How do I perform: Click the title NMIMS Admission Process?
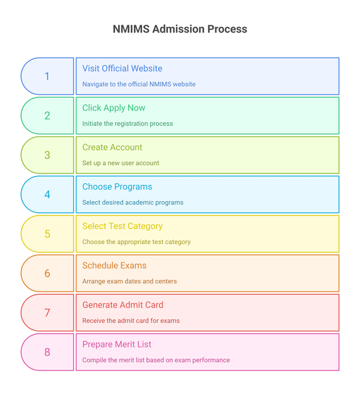(x=179, y=29)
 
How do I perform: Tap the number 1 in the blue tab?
(x=47, y=76)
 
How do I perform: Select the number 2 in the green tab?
(x=47, y=116)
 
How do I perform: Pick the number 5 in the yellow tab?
(x=47, y=234)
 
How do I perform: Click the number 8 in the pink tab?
(x=47, y=352)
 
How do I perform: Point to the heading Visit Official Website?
(x=122, y=68)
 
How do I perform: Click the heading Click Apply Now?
(x=113, y=108)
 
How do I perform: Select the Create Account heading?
(x=112, y=148)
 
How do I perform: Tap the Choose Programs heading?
(x=117, y=187)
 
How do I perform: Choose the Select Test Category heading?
(x=122, y=226)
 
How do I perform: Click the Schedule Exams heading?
(x=114, y=266)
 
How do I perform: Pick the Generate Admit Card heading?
(x=122, y=305)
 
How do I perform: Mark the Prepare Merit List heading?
(x=116, y=344)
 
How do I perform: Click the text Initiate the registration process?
(x=127, y=124)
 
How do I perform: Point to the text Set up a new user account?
(x=121, y=163)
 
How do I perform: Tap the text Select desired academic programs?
(x=133, y=202)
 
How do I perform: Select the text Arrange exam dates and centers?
(x=129, y=281)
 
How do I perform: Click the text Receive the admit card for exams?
(x=131, y=320)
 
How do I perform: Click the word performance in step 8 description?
(x=210, y=360)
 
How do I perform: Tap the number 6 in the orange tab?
(x=47, y=274)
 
